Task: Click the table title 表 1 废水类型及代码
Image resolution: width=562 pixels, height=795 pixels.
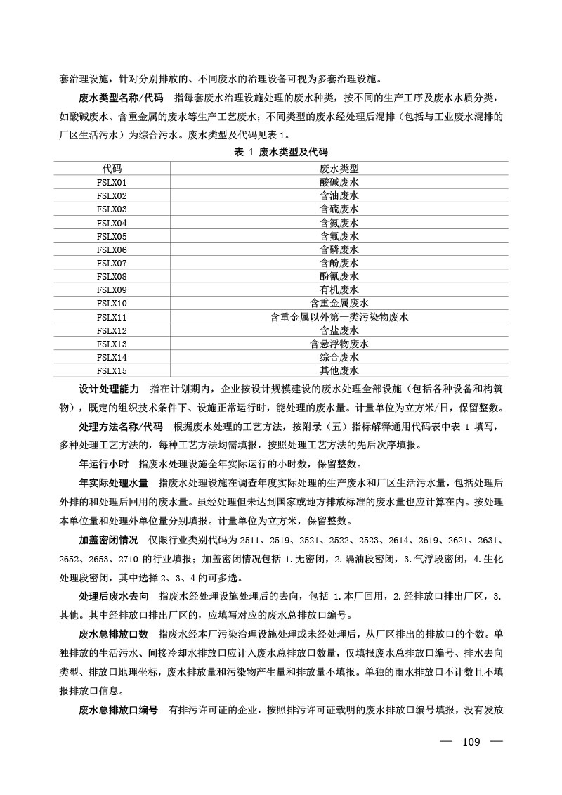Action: pos(281,152)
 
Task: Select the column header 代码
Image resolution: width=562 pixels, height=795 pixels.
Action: pos(112,169)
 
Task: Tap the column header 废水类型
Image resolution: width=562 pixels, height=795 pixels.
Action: pos(339,169)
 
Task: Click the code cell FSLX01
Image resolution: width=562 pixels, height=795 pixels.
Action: pos(112,182)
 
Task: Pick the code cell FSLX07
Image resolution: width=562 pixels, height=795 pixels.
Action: pos(112,263)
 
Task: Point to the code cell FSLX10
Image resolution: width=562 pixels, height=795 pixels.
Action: pos(112,304)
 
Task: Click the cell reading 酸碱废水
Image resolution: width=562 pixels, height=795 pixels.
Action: pos(339,182)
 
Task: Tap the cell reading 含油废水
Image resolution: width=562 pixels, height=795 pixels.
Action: pos(339,195)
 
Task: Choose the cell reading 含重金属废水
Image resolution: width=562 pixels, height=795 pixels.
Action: pos(339,304)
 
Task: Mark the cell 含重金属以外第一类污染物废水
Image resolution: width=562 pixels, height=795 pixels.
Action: pos(339,317)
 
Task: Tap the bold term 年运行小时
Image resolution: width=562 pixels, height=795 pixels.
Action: pos(103,464)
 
